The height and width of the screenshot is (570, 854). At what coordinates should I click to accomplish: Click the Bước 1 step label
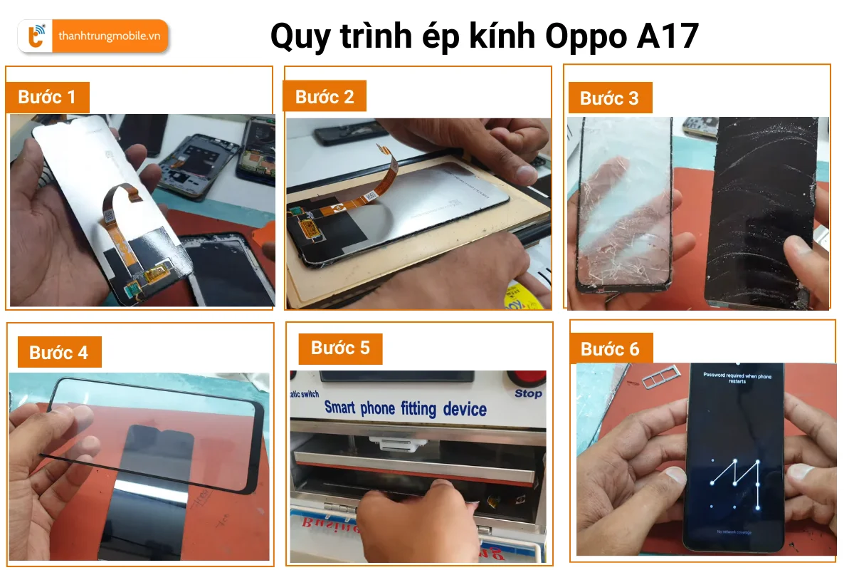(x=47, y=97)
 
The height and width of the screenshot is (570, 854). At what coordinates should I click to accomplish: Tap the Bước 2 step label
(x=325, y=97)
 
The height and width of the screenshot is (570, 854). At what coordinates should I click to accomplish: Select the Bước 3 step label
(x=609, y=98)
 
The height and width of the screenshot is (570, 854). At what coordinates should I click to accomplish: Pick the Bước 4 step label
(x=58, y=353)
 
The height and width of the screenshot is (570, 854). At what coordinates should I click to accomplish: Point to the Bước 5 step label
(x=340, y=348)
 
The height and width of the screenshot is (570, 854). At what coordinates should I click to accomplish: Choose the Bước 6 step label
(x=610, y=349)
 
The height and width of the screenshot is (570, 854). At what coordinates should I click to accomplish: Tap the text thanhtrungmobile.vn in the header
(x=109, y=36)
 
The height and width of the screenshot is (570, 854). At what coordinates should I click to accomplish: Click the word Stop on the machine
(x=528, y=394)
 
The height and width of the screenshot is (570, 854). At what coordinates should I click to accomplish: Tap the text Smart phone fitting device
(x=405, y=409)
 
